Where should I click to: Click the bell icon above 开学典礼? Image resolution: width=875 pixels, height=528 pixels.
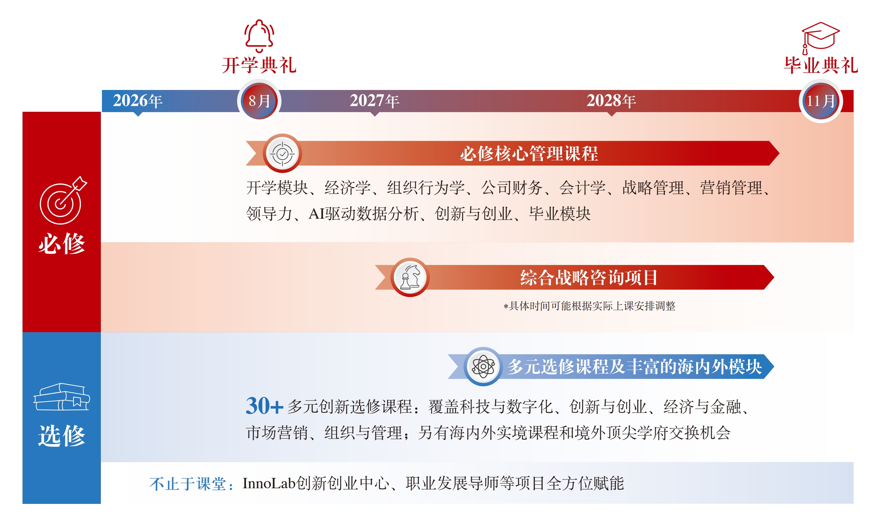click(x=259, y=36)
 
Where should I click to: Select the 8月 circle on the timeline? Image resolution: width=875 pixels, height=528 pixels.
click(x=259, y=101)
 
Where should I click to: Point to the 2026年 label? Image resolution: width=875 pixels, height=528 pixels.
click(x=138, y=101)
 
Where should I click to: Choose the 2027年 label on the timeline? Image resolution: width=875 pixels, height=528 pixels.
click(x=374, y=101)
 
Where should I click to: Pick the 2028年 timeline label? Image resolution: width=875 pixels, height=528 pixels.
click(x=611, y=101)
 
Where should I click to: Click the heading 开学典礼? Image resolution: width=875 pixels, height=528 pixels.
click(x=259, y=65)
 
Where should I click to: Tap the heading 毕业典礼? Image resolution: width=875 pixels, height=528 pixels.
click(x=821, y=65)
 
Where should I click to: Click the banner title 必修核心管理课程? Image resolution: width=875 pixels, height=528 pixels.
click(x=529, y=154)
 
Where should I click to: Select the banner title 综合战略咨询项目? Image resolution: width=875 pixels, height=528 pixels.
click(x=589, y=277)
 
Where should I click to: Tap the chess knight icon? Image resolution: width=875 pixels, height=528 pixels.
click(x=410, y=277)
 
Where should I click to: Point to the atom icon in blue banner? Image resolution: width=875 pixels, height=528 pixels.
click(x=483, y=366)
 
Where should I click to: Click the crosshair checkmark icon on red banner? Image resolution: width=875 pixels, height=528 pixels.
click(x=282, y=154)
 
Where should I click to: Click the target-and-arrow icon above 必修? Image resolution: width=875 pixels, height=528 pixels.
click(x=63, y=201)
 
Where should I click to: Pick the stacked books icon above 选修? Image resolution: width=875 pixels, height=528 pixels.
click(x=62, y=397)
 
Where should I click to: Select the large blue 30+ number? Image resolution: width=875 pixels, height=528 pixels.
click(x=264, y=406)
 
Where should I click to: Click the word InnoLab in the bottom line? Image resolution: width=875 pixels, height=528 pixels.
click(x=269, y=483)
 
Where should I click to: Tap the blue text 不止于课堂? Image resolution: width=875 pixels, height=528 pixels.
click(x=187, y=484)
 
